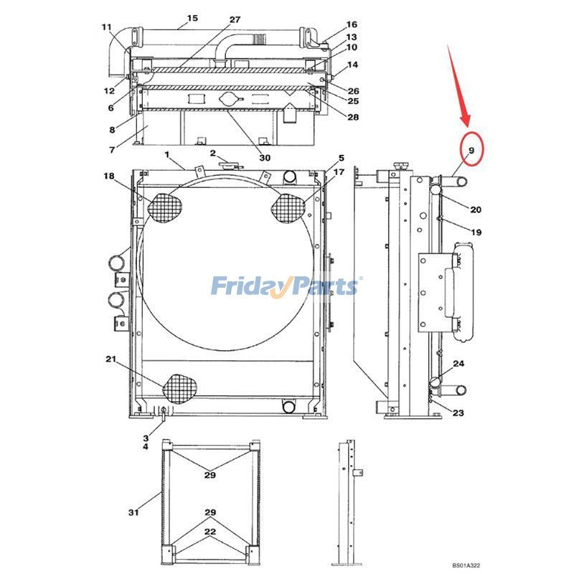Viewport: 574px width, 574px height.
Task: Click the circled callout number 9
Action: pos(471,150)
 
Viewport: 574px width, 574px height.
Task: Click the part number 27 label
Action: pos(235,19)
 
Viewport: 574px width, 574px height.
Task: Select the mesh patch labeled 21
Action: pos(179,389)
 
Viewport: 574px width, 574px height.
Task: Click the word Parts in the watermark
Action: pos(321,286)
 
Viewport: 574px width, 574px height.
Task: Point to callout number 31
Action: pos(133,512)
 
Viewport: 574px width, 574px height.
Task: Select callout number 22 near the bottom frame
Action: pos(210,531)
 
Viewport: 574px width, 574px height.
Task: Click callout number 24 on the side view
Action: pos(458,364)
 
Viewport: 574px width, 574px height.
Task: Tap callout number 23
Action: pos(458,413)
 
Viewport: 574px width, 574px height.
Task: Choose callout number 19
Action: pos(476,232)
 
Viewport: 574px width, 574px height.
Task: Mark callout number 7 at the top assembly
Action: pos(111,150)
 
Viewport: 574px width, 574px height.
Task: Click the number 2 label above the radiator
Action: pos(213,154)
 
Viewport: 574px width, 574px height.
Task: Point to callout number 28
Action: pos(353,117)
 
